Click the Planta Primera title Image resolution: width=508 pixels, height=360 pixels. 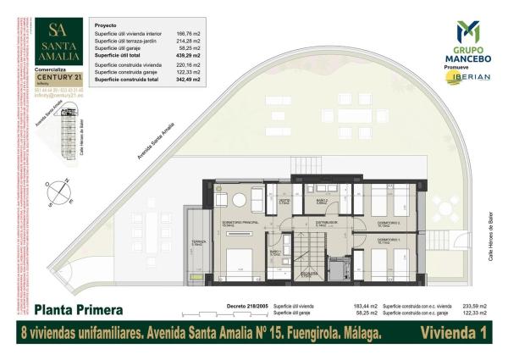point(80,309)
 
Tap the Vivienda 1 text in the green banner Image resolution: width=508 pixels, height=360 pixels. point(453,334)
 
